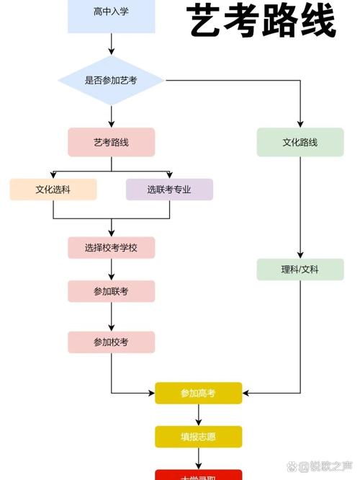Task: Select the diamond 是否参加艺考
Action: pyautogui.click(x=112, y=80)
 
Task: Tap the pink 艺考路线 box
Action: pyautogui.click(x=112, y=142)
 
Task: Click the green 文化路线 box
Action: pyautogui.click(x=300, y=142)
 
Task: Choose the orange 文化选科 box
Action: pyautogui.click(x=53, y=190)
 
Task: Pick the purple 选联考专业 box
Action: pyautogui.click(x=169, y=190)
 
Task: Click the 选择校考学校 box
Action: pyautogui.click(x=112, y=247)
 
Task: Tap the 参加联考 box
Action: pyautogui.click(x=112, y=291)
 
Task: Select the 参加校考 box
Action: pyautogui.click(x=112, y=342)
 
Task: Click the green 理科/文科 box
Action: pyautogui.click(x=300, y=270)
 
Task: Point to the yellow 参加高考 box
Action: pyautogui.click(x=199, y=393)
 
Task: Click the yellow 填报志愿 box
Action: pyautogui.click(x=199, y=436)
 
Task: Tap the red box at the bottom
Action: pyautogui.click(x=199, y=475)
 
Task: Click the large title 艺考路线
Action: pyautogui.click(x=263, y=22)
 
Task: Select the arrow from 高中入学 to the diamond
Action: pyautogui.click(x=112, y=43)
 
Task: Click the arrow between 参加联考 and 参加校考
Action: pyautogui.click(x=112, y=316)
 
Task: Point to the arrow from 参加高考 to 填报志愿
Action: pyautogui.click(x=199, y=414)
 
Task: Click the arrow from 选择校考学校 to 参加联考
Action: pyautogui.click(x=112, y=270)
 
